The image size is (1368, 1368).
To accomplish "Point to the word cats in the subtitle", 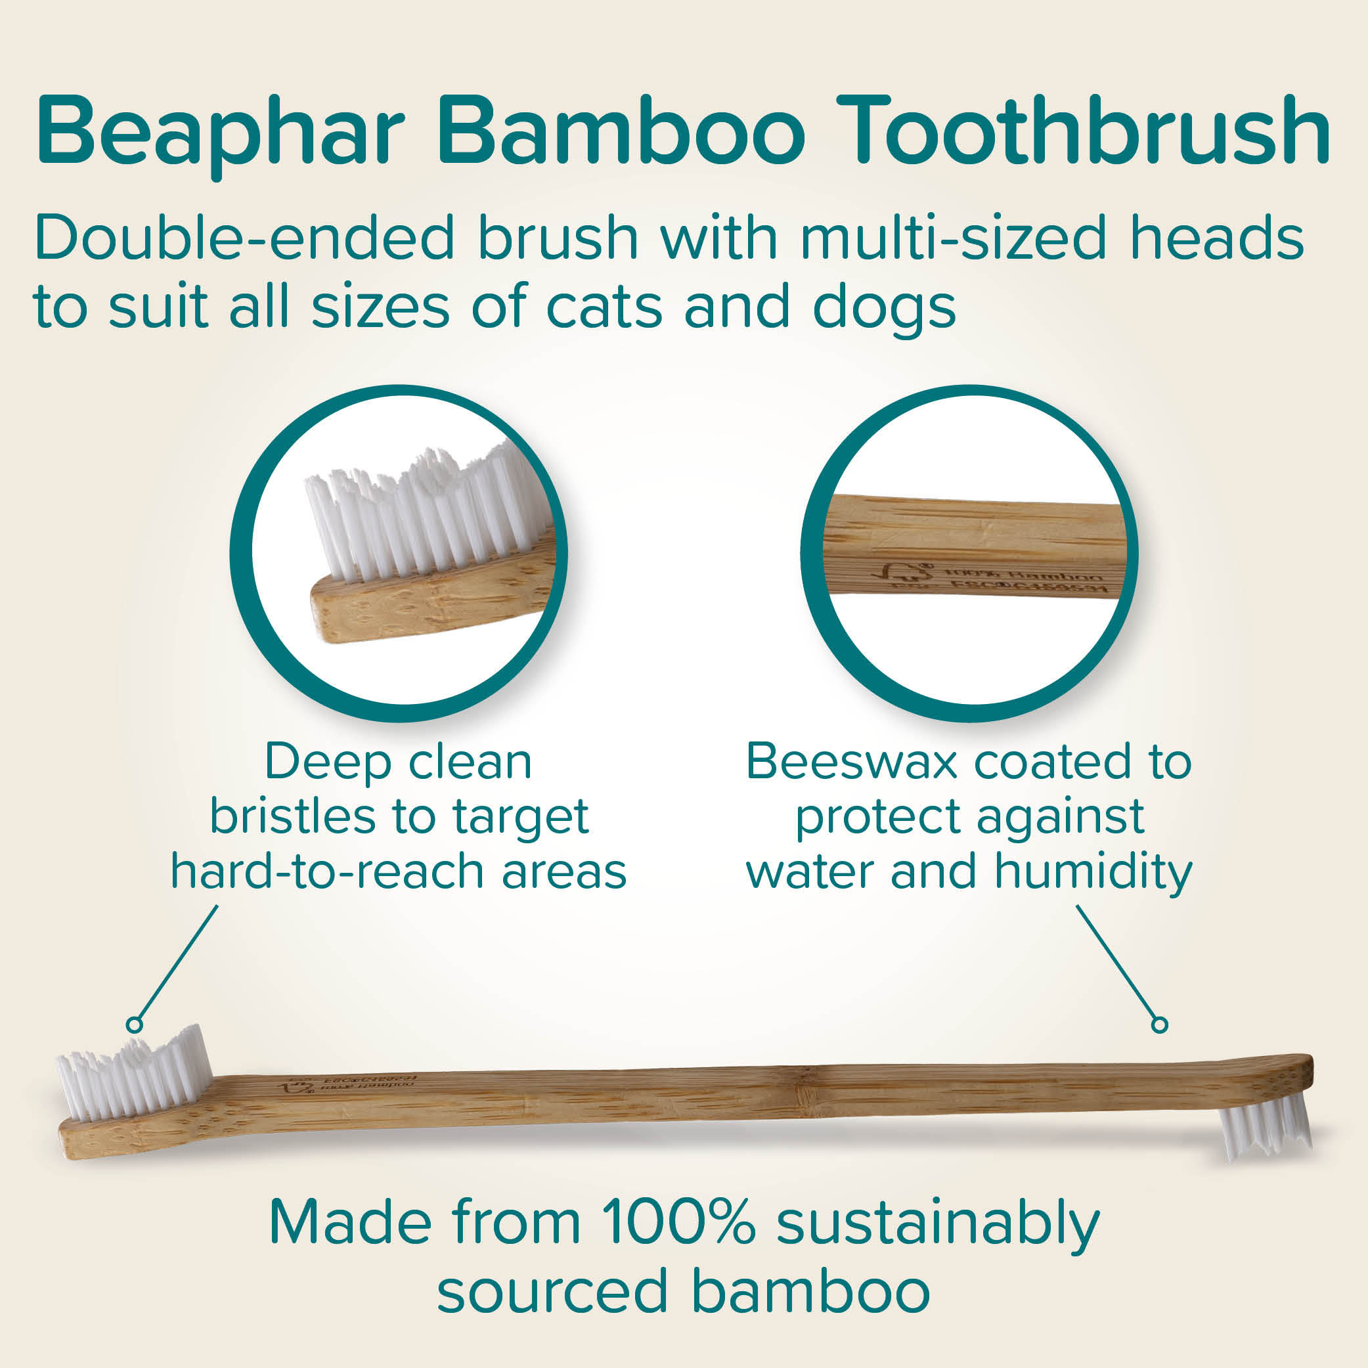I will pos(604,307).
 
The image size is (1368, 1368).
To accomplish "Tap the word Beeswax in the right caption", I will pos(850,762).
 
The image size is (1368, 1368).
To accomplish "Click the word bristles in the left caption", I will pos(290,817).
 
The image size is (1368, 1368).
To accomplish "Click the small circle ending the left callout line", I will pos(134,1025).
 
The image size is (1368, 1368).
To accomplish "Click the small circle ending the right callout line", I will pos(1160,1025).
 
